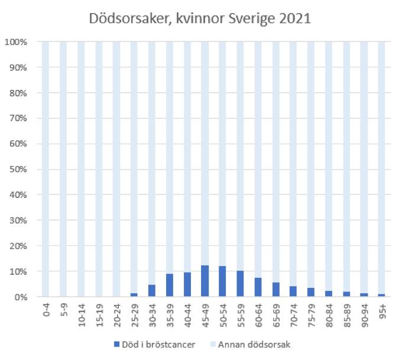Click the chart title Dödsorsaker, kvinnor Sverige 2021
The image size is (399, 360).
click(199, 18)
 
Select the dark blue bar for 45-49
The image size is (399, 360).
click(205, 281)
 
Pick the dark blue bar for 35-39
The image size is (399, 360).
click(169, 286)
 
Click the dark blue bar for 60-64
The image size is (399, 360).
click(258, 287)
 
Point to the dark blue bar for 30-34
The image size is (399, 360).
click(151, 291)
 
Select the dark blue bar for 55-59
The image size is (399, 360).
click(240, 284)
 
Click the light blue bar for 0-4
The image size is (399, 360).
click(45, 169)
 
